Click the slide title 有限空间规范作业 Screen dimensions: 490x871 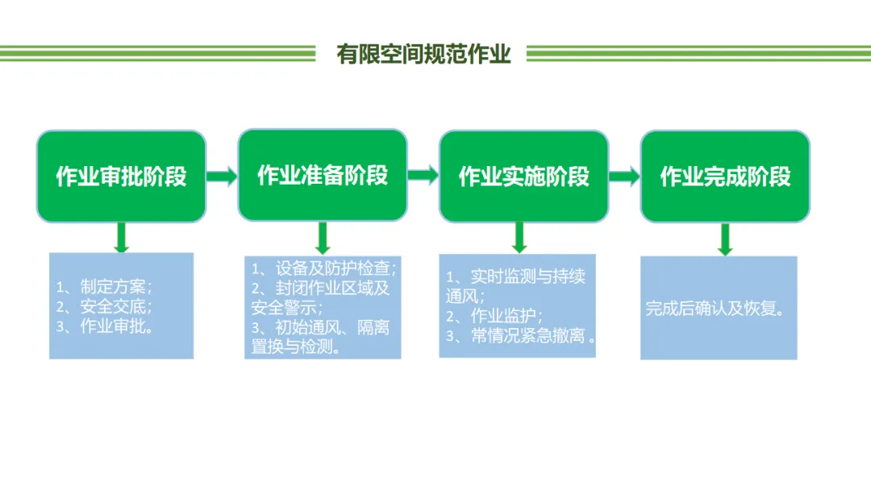pyautogui.click(x=424, y=54)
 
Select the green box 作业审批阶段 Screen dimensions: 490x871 pyautogui.click(x=121, y=176)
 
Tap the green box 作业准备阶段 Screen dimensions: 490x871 pyautogui.click(x=323, y=175)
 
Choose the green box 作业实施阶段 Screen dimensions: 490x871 pyautogui.click(x=524, y=176)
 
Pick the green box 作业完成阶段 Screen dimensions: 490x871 pyautogui.click(x=725, y=176)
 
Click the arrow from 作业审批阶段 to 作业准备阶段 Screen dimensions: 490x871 pyautogui.click(x=222, y=176)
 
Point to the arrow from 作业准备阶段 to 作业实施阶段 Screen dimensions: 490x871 pyautogui.click(x=423, y=176)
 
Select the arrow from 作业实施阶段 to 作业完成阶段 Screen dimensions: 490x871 pyautogui.click(x=624, y=176)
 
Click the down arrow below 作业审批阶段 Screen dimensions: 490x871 pyautogui.click(x=121, y=237)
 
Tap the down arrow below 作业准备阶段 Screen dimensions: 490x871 pyautogui.click(x=323, y=238)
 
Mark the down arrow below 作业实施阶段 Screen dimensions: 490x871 pyautogui.click(x=520, y=237)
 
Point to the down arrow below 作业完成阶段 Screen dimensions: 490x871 pyautogui.click(x=725, y=239)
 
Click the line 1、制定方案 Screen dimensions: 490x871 pyautogui.click(x=104, y=286)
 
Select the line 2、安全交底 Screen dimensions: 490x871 pyautogui.click(x=104, y=306)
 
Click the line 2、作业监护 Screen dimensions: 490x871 pyautogui.click(x=494, y=315)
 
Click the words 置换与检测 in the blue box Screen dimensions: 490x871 pyautogui.click(x=295, y=347)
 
